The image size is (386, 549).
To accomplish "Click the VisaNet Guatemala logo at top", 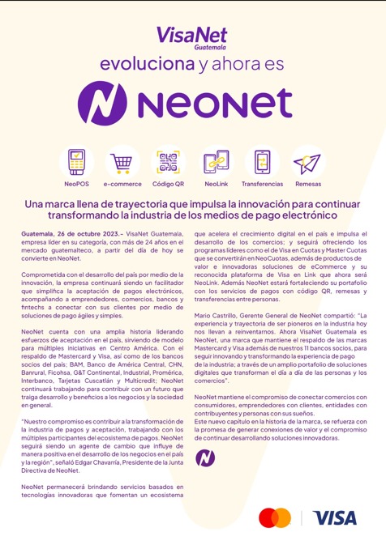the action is (x=191, y=37).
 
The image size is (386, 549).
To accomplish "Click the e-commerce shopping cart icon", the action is (x=122, y=162).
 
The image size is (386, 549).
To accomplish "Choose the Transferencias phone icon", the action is (x=262, y=161).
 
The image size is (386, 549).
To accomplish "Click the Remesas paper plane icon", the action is (x=307, y=163).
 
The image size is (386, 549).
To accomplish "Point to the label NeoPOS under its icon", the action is (x=77, y=184).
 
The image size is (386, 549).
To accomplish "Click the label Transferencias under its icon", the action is (x=262, y=184).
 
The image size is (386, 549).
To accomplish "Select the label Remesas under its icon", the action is (x=307, y=184).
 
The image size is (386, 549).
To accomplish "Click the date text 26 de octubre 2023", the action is (x=79, y=233).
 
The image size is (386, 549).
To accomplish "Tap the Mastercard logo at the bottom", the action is (x=275, y=517).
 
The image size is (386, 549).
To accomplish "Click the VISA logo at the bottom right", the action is (x=334, y=517).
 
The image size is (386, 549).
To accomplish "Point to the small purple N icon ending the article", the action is (x=205, y=457).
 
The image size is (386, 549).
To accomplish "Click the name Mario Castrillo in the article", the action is (x=221, y=314).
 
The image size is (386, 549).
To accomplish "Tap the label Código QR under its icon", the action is (x=168, y=184).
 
